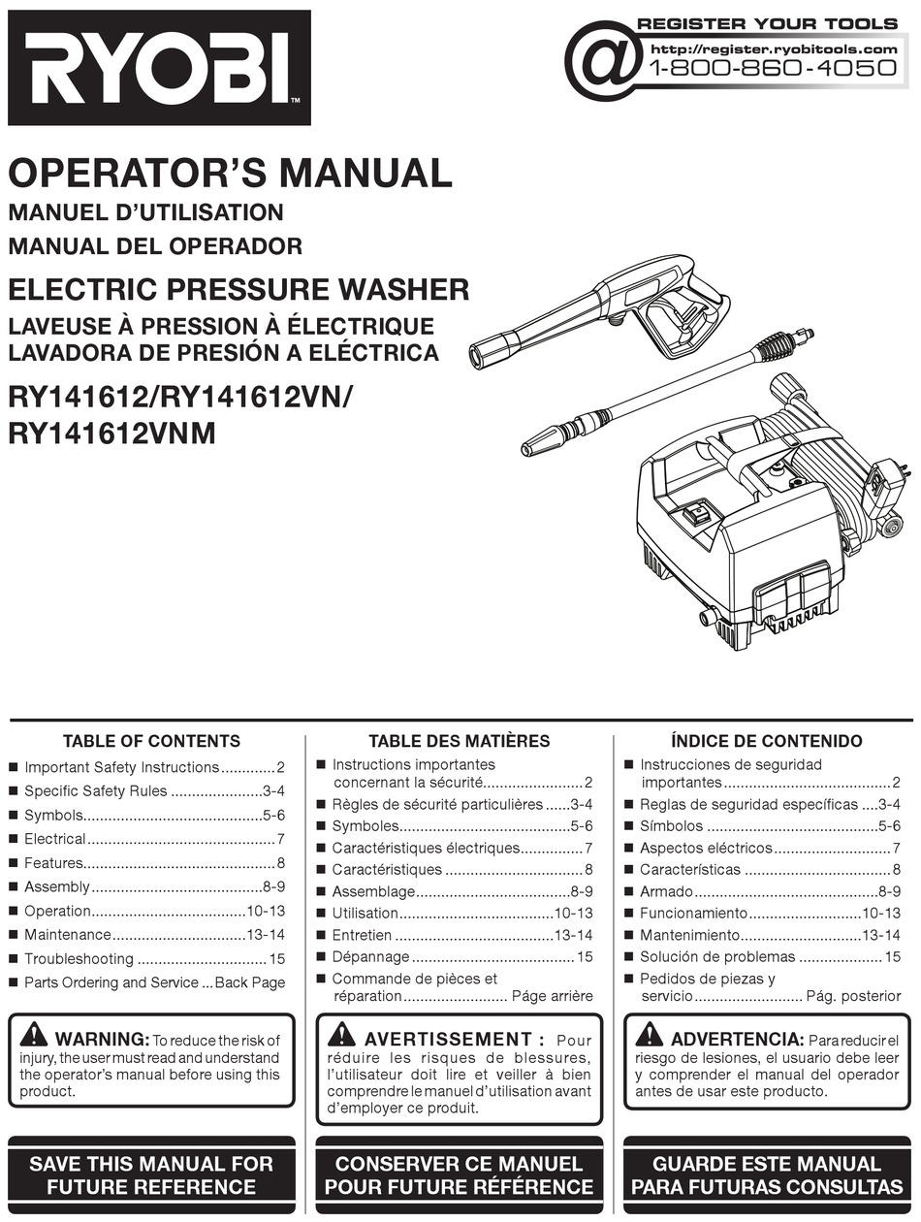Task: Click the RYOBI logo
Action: coord(159,68)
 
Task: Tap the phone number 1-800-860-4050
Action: coord(772,68)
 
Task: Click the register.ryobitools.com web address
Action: coord(774,48)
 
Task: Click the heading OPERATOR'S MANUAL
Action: coord(230,173)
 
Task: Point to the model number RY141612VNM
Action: coord(111,434)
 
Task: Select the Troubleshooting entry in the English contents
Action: coord(79,959)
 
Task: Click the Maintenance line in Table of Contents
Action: coord(68,935)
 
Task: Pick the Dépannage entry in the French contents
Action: coord(370,957)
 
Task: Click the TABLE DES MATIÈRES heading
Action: coord(459,741)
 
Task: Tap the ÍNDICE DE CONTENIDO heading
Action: coord(766,741)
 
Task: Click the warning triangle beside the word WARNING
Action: coord(33,1035)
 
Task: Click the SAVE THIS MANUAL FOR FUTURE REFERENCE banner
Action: coord(151,1174)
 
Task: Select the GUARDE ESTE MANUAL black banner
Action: coord(766,1174)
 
